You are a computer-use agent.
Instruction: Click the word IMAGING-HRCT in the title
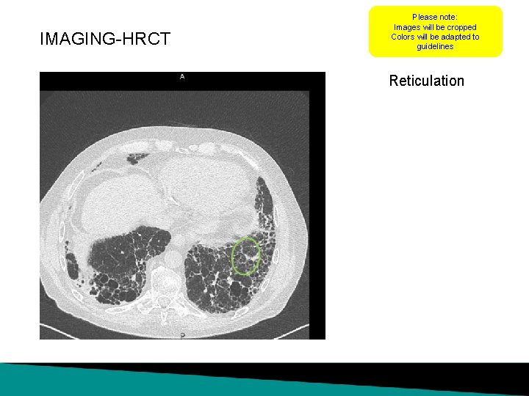pyautogui.click(x=105, y=39)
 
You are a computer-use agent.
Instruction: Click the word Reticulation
pyautogui.click(x=426, y=81)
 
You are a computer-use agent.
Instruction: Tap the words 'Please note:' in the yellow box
pyautogui.click(x=435, y=17)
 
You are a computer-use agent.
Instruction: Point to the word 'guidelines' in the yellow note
pyautogui.click(x=435, y=47)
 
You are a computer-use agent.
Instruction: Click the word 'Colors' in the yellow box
pyautogui.click(x=403, y=37)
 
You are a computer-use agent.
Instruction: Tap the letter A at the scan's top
pyautogui.click(x=181, y=76)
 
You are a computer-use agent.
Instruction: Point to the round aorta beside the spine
pyautogui.click(x=173, y=257)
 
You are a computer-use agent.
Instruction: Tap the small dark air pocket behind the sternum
pyautogui.click(x=137, y=158)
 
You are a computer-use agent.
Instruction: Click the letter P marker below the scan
pyautogui.click(x=181, y=334)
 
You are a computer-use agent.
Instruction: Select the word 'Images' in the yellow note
pyautogui.click(x=409, y=27)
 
